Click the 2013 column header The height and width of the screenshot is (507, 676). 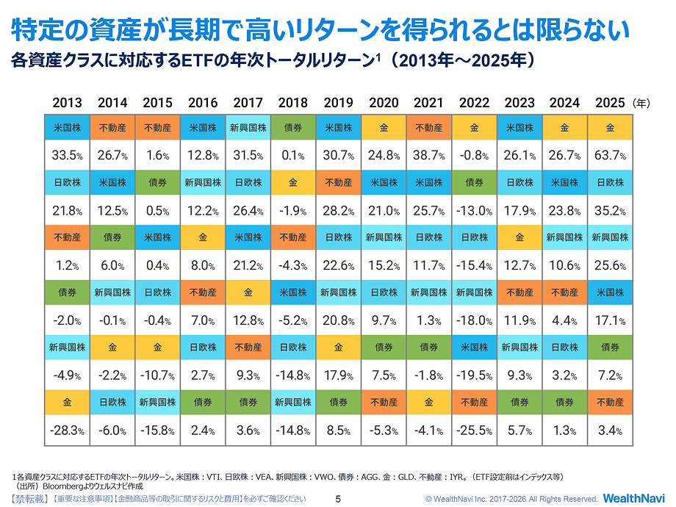pos(67,103)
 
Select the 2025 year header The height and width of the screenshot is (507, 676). pos(610,103)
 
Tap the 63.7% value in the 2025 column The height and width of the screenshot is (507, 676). pos(610,156)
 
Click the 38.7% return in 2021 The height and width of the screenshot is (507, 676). pos(429,156)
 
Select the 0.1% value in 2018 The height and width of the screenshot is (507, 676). pos(293,156)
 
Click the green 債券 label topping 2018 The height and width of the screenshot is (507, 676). pos(293,128)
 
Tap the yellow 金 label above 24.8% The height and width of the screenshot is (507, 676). pos(384,128)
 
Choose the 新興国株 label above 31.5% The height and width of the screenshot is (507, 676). pos(248,128)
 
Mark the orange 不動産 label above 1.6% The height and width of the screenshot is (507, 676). pos(157,128)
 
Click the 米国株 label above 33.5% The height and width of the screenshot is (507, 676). pos(67,128)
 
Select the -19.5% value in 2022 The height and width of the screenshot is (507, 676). pos(474,375)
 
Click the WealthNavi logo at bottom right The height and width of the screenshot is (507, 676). pos(633,498)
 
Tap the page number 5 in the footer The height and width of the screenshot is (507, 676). pos(338,499)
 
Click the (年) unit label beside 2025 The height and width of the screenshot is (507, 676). pos(642,104)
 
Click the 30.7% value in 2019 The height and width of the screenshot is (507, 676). pos(338,156)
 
